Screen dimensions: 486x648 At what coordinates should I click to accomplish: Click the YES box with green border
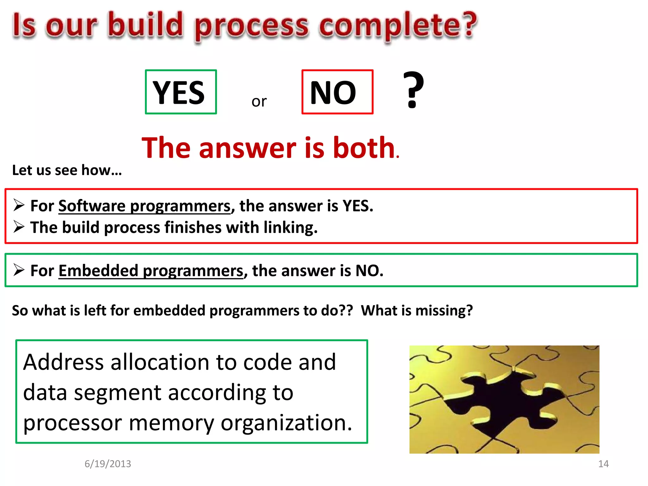pos(181,92)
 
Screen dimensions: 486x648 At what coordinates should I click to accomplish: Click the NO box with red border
pos(337,92)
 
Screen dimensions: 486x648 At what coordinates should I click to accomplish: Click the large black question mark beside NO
pos(413,90)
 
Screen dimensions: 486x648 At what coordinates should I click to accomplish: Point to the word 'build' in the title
pos(146,25)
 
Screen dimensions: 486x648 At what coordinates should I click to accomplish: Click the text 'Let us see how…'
pos(67,170)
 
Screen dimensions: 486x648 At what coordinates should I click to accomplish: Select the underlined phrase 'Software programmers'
pos(145,206)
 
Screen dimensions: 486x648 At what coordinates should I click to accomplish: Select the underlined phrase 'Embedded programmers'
pos(151,271)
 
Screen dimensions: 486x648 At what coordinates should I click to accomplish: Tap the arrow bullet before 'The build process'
pos(19,227)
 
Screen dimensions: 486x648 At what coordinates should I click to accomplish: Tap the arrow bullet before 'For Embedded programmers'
pos(19,270)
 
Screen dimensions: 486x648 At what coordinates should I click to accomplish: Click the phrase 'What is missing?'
pos(417,310)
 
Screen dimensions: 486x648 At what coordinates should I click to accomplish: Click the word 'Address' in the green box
pos(63,362)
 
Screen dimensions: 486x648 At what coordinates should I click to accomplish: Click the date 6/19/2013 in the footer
pos(108,464)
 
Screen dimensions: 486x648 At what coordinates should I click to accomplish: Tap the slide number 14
pos(603,464)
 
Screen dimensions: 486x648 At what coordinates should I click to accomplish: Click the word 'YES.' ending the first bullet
pos(358,206)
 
